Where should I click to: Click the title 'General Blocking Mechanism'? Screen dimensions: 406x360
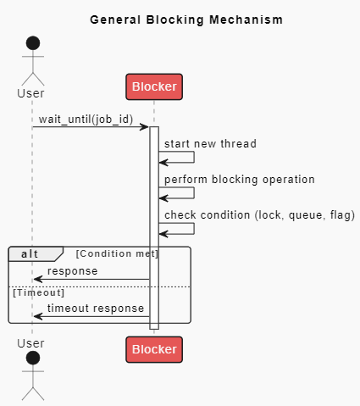point(186,19)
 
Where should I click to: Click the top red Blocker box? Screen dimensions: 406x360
point(153,86)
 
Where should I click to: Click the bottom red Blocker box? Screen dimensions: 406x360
point(153,349)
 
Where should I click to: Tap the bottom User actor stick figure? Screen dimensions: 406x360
point(32,375)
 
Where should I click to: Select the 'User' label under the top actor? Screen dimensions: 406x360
point(31,93)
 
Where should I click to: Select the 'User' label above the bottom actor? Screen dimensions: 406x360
point(31,343)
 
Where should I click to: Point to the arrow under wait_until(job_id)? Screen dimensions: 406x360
point(91,127)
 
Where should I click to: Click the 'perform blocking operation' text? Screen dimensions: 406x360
point(240,179)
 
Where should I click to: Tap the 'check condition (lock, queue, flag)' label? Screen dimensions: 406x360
point(259,214)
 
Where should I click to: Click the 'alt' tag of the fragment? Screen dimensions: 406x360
point(30,253)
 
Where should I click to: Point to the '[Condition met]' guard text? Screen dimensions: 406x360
point(117,253)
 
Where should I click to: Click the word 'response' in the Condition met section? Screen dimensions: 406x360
point(72,271)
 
